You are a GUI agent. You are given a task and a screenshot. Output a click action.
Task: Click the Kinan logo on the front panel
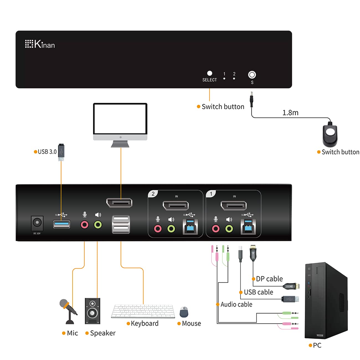click(40, 44)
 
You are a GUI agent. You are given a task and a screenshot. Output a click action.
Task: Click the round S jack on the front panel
click(252, 75)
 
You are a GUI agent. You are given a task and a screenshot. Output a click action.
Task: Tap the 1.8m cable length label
click(290, 113)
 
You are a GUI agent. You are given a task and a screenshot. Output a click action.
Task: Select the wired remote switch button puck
click(330, 135)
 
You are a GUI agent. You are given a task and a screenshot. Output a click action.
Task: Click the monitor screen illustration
click(120, 119)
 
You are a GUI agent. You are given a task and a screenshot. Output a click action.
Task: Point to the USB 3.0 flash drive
click(61, 152)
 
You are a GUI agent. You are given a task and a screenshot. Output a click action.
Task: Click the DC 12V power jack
click(37, 222)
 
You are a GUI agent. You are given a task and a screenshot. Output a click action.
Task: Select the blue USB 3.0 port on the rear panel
click(61, 224)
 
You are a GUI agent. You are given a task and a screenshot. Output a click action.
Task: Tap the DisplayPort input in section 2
click(176, 206)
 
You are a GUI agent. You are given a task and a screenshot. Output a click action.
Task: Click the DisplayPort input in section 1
click(233, 206)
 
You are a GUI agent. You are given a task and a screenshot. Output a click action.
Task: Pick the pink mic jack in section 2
click(158, 229)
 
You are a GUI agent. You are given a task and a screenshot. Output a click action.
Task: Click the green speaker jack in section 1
click(229, 229)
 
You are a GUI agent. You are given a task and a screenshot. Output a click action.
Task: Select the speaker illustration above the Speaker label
click(92, 311)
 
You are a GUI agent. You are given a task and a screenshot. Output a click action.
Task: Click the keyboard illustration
click(143, 311)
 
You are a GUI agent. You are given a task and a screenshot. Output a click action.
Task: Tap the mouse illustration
click(184, 312)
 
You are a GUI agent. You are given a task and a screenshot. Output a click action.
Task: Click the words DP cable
click(269, 279)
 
